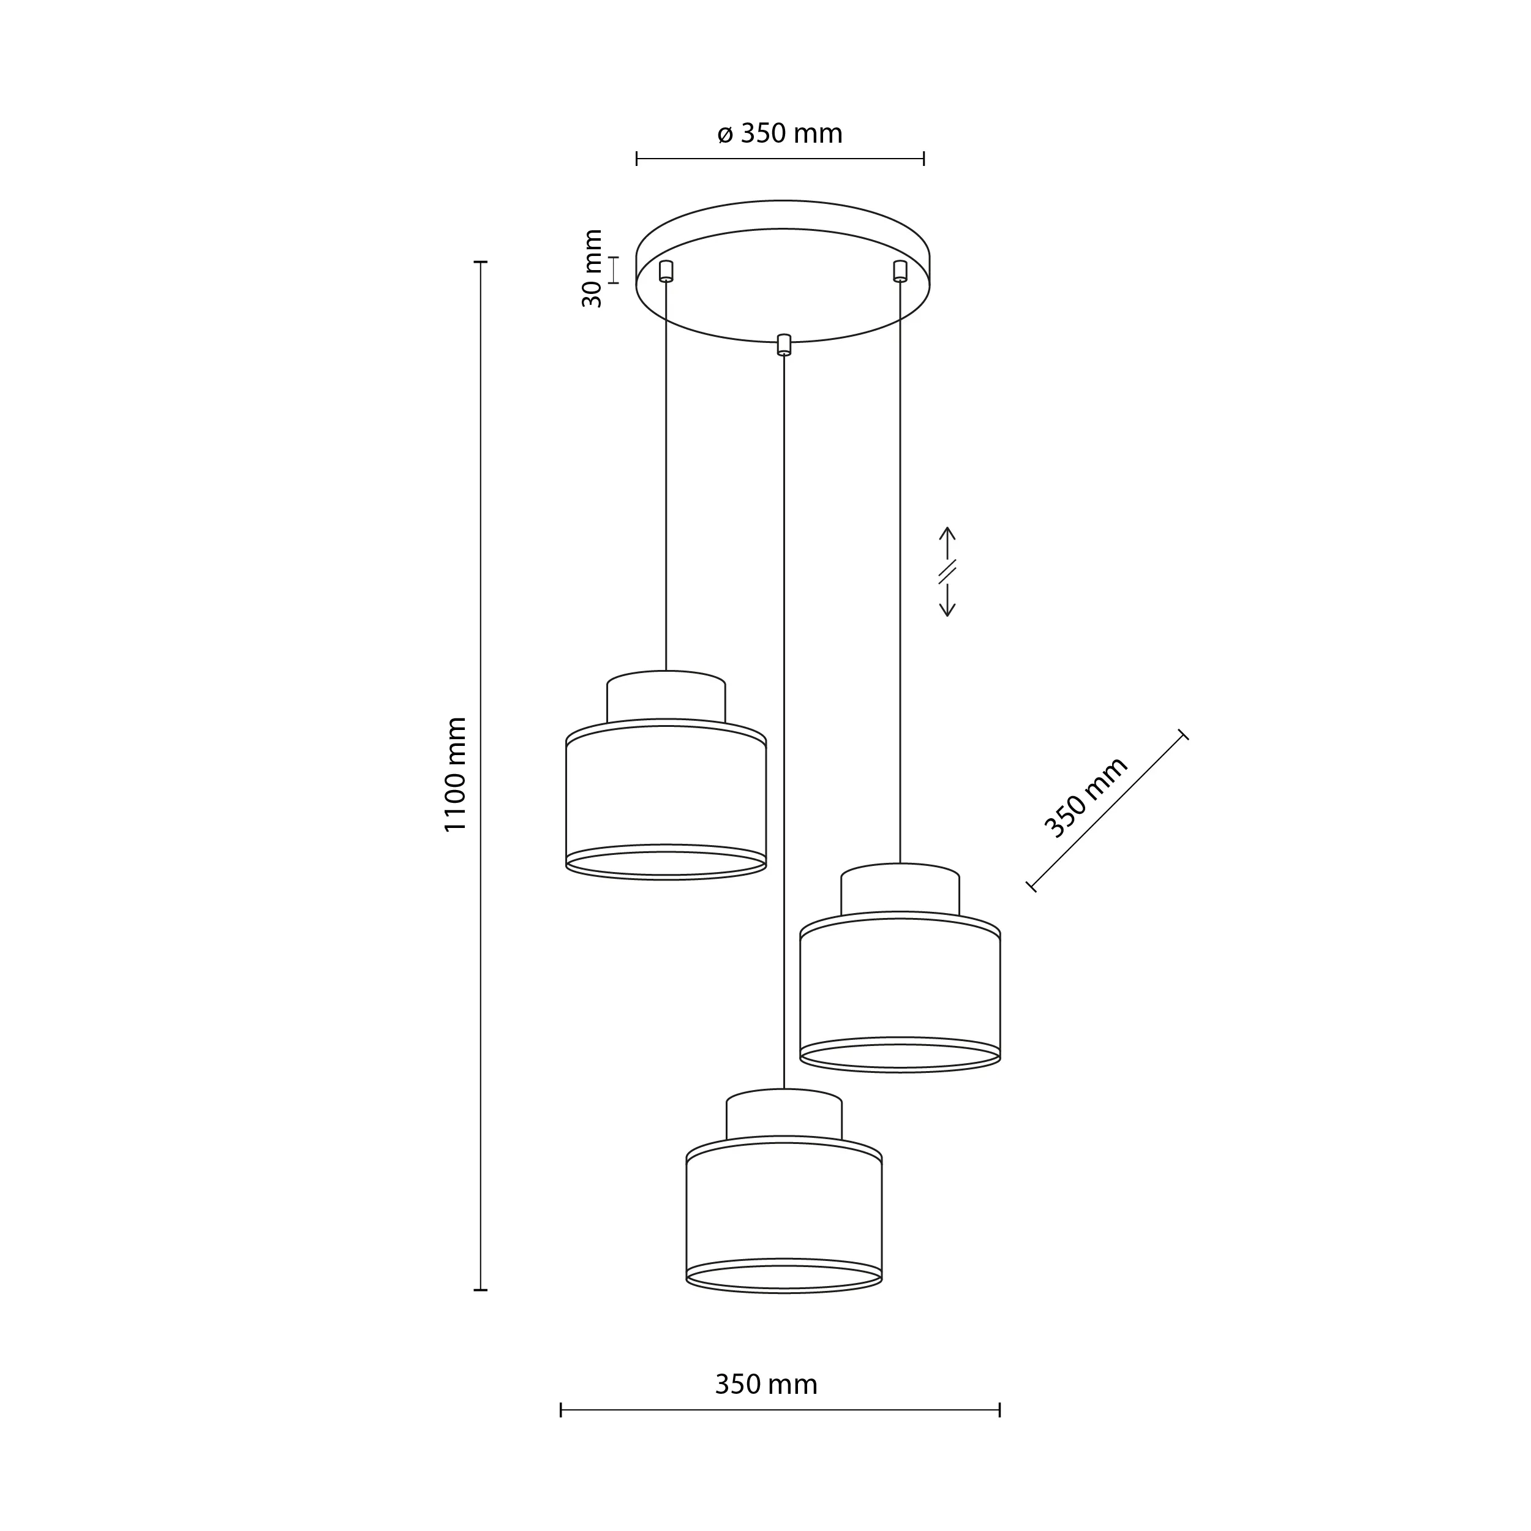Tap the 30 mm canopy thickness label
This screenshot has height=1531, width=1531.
tap(593, 269)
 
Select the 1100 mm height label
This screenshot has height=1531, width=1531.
tap(456, 774)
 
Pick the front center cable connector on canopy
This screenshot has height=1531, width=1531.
tap(783, 345)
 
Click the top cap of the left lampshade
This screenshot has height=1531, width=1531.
tap(666, 698)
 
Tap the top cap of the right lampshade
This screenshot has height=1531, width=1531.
tap(900, 890)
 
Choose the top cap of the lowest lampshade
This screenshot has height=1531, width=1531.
tap(784, 1116)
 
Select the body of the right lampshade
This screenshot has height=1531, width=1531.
tap(900, 990)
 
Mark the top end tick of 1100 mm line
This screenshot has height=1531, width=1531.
tap(480, 261)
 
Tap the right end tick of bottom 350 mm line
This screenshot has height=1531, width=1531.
tap(999, 1432)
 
